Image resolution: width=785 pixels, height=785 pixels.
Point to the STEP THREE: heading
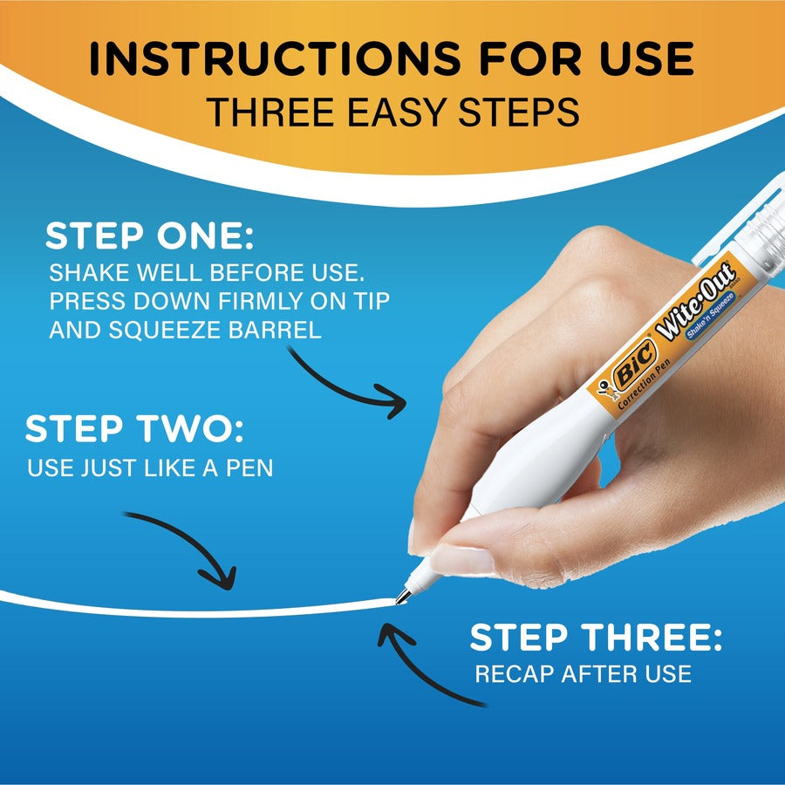pos(596,638)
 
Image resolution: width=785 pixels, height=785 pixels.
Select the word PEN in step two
pos(249,468)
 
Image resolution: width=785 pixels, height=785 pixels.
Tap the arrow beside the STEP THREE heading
pos(427,663)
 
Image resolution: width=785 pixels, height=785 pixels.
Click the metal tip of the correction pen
pos(403,597)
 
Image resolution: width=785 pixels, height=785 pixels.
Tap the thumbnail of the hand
pos(461,559)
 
